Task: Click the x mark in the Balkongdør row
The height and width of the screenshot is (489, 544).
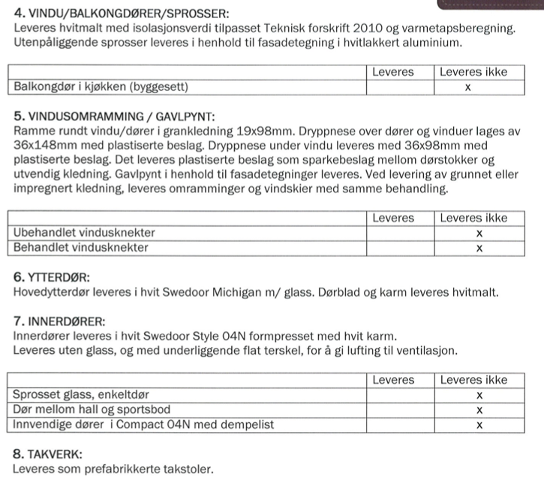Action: [x=467, y=88]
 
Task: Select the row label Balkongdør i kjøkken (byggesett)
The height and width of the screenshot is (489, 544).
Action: [x=101, y=88]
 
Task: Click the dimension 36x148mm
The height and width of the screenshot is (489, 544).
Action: [x=46, y=146]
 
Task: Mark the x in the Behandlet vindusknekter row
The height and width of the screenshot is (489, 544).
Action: [x=479, y=247]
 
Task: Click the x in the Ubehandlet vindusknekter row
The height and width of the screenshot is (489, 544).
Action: [x=479, y=233]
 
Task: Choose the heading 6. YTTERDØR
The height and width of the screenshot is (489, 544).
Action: [x=52, y=277]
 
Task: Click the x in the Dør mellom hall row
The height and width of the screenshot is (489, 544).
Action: [x=479, y=409]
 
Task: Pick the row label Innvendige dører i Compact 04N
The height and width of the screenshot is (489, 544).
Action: [x=143, y=424]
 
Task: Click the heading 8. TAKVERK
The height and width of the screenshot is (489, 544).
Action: [x=48, y=454]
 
